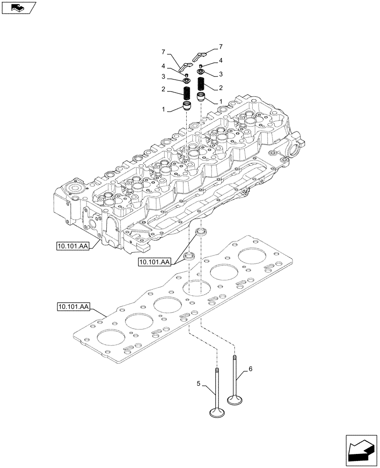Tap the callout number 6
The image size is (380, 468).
click(x=250, y=369)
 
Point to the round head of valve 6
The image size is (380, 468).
click(x=235, y=400)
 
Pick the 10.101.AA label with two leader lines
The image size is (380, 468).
click(x=154, y=262)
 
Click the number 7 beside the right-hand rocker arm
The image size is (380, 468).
click(x=220, y=47)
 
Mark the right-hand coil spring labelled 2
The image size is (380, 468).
click(x=202, y=86)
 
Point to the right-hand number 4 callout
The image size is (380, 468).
click(x=220, y=60)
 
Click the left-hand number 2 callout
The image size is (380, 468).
click(x=163, y=88)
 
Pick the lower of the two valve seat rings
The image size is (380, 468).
click(x=190, y=256)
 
